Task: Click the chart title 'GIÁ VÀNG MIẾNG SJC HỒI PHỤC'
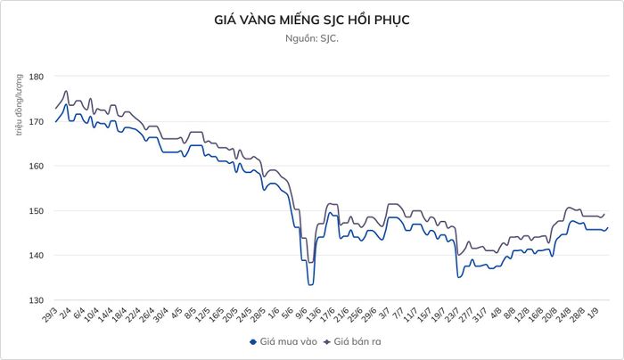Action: pyautogui.click(x=312, y=20)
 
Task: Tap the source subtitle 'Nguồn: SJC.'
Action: pyautogui.click(x=312, y=38)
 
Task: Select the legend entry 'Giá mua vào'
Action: pyautogui.click(x=283, y=341)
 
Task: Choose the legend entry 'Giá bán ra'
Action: pyautogui.click(x=352, y=341)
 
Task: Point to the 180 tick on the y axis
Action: pyautogui.click(x=36, y=76)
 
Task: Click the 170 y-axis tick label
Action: pyautogui.click(x=36, y=121)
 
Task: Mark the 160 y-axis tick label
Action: pyautogui.click(x=36, y=166)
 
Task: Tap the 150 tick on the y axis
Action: pyautogui.click(x=36, y=211)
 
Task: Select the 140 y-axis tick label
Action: pyautogui.click(x=36, y=256)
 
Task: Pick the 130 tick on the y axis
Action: pyautogui.click(x=36, y=300)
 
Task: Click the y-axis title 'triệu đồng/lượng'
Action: pyautogui.click(x=19, y=104)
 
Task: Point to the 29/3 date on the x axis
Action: pyautogui.click(x=50, y=315)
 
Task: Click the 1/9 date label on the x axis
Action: pyautogui.click(x=593, y=313)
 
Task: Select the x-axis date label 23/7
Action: pyautogui.click(x=453, y=315)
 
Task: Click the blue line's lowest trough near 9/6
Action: pyautogui.click(x=310, y=285)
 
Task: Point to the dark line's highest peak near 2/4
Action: pyautogui.click(x=66, y=91)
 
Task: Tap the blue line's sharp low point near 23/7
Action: pyautogui.click(x=458, y=277)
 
